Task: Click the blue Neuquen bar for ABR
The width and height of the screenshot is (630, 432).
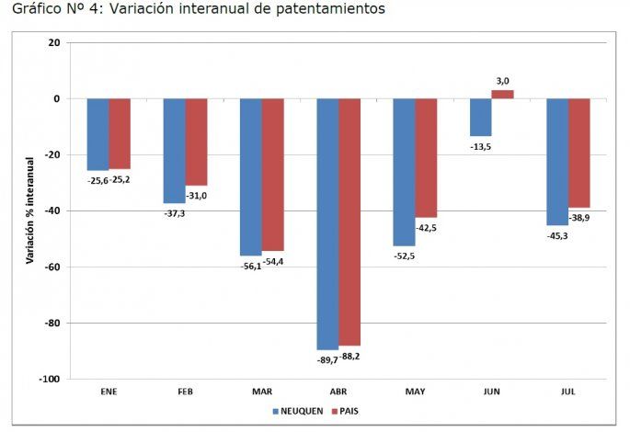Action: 327,223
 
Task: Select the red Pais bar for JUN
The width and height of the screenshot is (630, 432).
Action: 502,94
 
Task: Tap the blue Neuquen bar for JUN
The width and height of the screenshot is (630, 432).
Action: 480,117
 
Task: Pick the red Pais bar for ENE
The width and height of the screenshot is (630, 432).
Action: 120,133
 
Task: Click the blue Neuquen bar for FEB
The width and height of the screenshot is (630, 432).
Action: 174,151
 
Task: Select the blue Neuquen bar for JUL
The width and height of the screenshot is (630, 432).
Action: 556,162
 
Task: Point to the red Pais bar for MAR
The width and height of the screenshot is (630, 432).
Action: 273,175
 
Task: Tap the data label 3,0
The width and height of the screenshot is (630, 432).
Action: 502,82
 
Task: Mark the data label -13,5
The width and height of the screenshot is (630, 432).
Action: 480,146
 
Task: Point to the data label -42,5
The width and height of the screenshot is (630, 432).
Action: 426,227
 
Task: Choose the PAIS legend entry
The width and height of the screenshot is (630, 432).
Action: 347,411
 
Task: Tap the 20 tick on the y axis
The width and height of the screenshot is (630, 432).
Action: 53,42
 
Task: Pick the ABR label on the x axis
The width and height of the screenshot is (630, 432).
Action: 338,392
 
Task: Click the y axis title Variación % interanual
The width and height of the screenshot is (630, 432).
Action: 29,210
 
